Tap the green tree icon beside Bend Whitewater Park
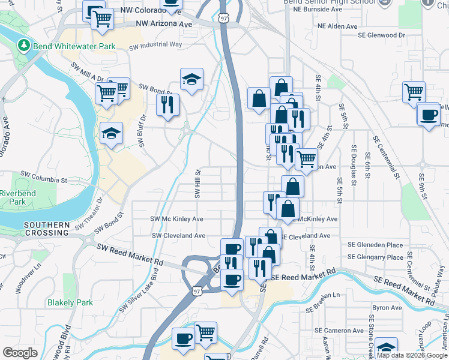point(24,45)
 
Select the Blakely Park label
point(70,302)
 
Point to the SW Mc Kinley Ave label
point(177,219)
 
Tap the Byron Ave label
point(387,307)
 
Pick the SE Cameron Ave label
point(340,331)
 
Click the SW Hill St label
point(196,184)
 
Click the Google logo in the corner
point(20,353)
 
